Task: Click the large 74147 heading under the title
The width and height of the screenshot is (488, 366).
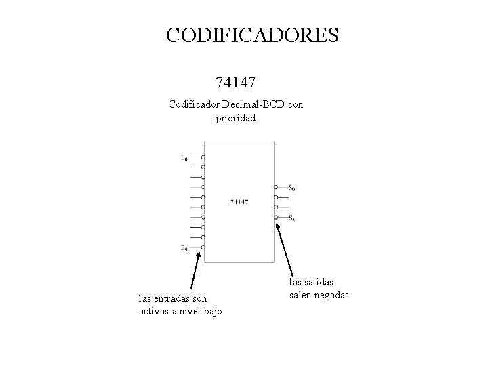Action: (x=235, y=83)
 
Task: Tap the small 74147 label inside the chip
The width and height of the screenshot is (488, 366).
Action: (x=239, y=201)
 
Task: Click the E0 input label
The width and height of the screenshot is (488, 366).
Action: (x=184, y=158)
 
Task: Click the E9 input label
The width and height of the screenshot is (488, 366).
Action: (x=184, y=248)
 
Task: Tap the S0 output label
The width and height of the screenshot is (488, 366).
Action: (x=291, y=187)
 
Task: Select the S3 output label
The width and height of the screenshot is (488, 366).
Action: (x=291, y=218)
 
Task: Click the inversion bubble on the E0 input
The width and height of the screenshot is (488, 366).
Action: (x=203, y=157)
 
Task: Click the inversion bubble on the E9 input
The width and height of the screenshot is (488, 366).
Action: (x=203, y=247)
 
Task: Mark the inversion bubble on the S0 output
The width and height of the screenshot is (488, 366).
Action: (x=276, y=187)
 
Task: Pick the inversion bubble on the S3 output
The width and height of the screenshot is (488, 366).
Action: (x=276, y=217)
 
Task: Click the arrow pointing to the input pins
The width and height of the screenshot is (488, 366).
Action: (x=196, y=270)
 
